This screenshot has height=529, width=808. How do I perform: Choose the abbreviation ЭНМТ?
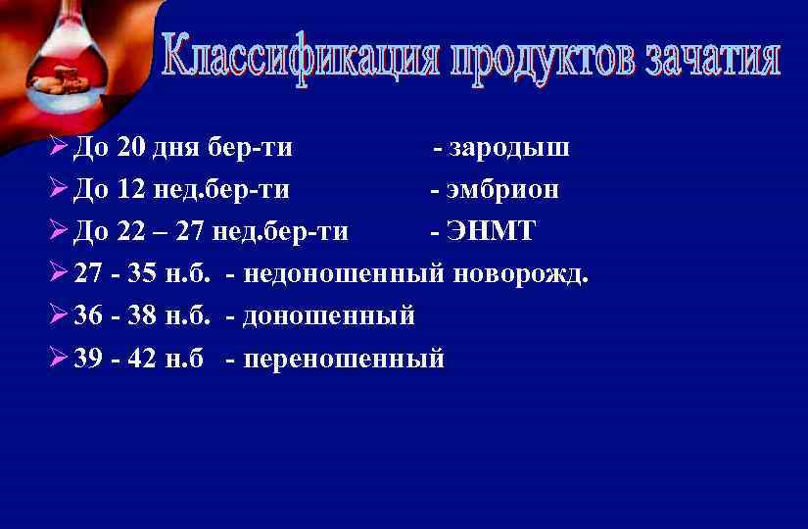tap(490, 232)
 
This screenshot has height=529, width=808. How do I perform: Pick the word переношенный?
tap(344, 359)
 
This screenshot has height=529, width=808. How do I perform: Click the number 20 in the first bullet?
tap(129, 148)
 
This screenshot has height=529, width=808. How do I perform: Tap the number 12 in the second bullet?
tap(129, 190)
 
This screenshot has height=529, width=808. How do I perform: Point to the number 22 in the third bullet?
tap(129, 232)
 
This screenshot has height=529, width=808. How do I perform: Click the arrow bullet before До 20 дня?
tap(57, 148)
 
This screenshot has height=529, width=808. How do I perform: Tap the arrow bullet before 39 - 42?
tap(57, 359)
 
